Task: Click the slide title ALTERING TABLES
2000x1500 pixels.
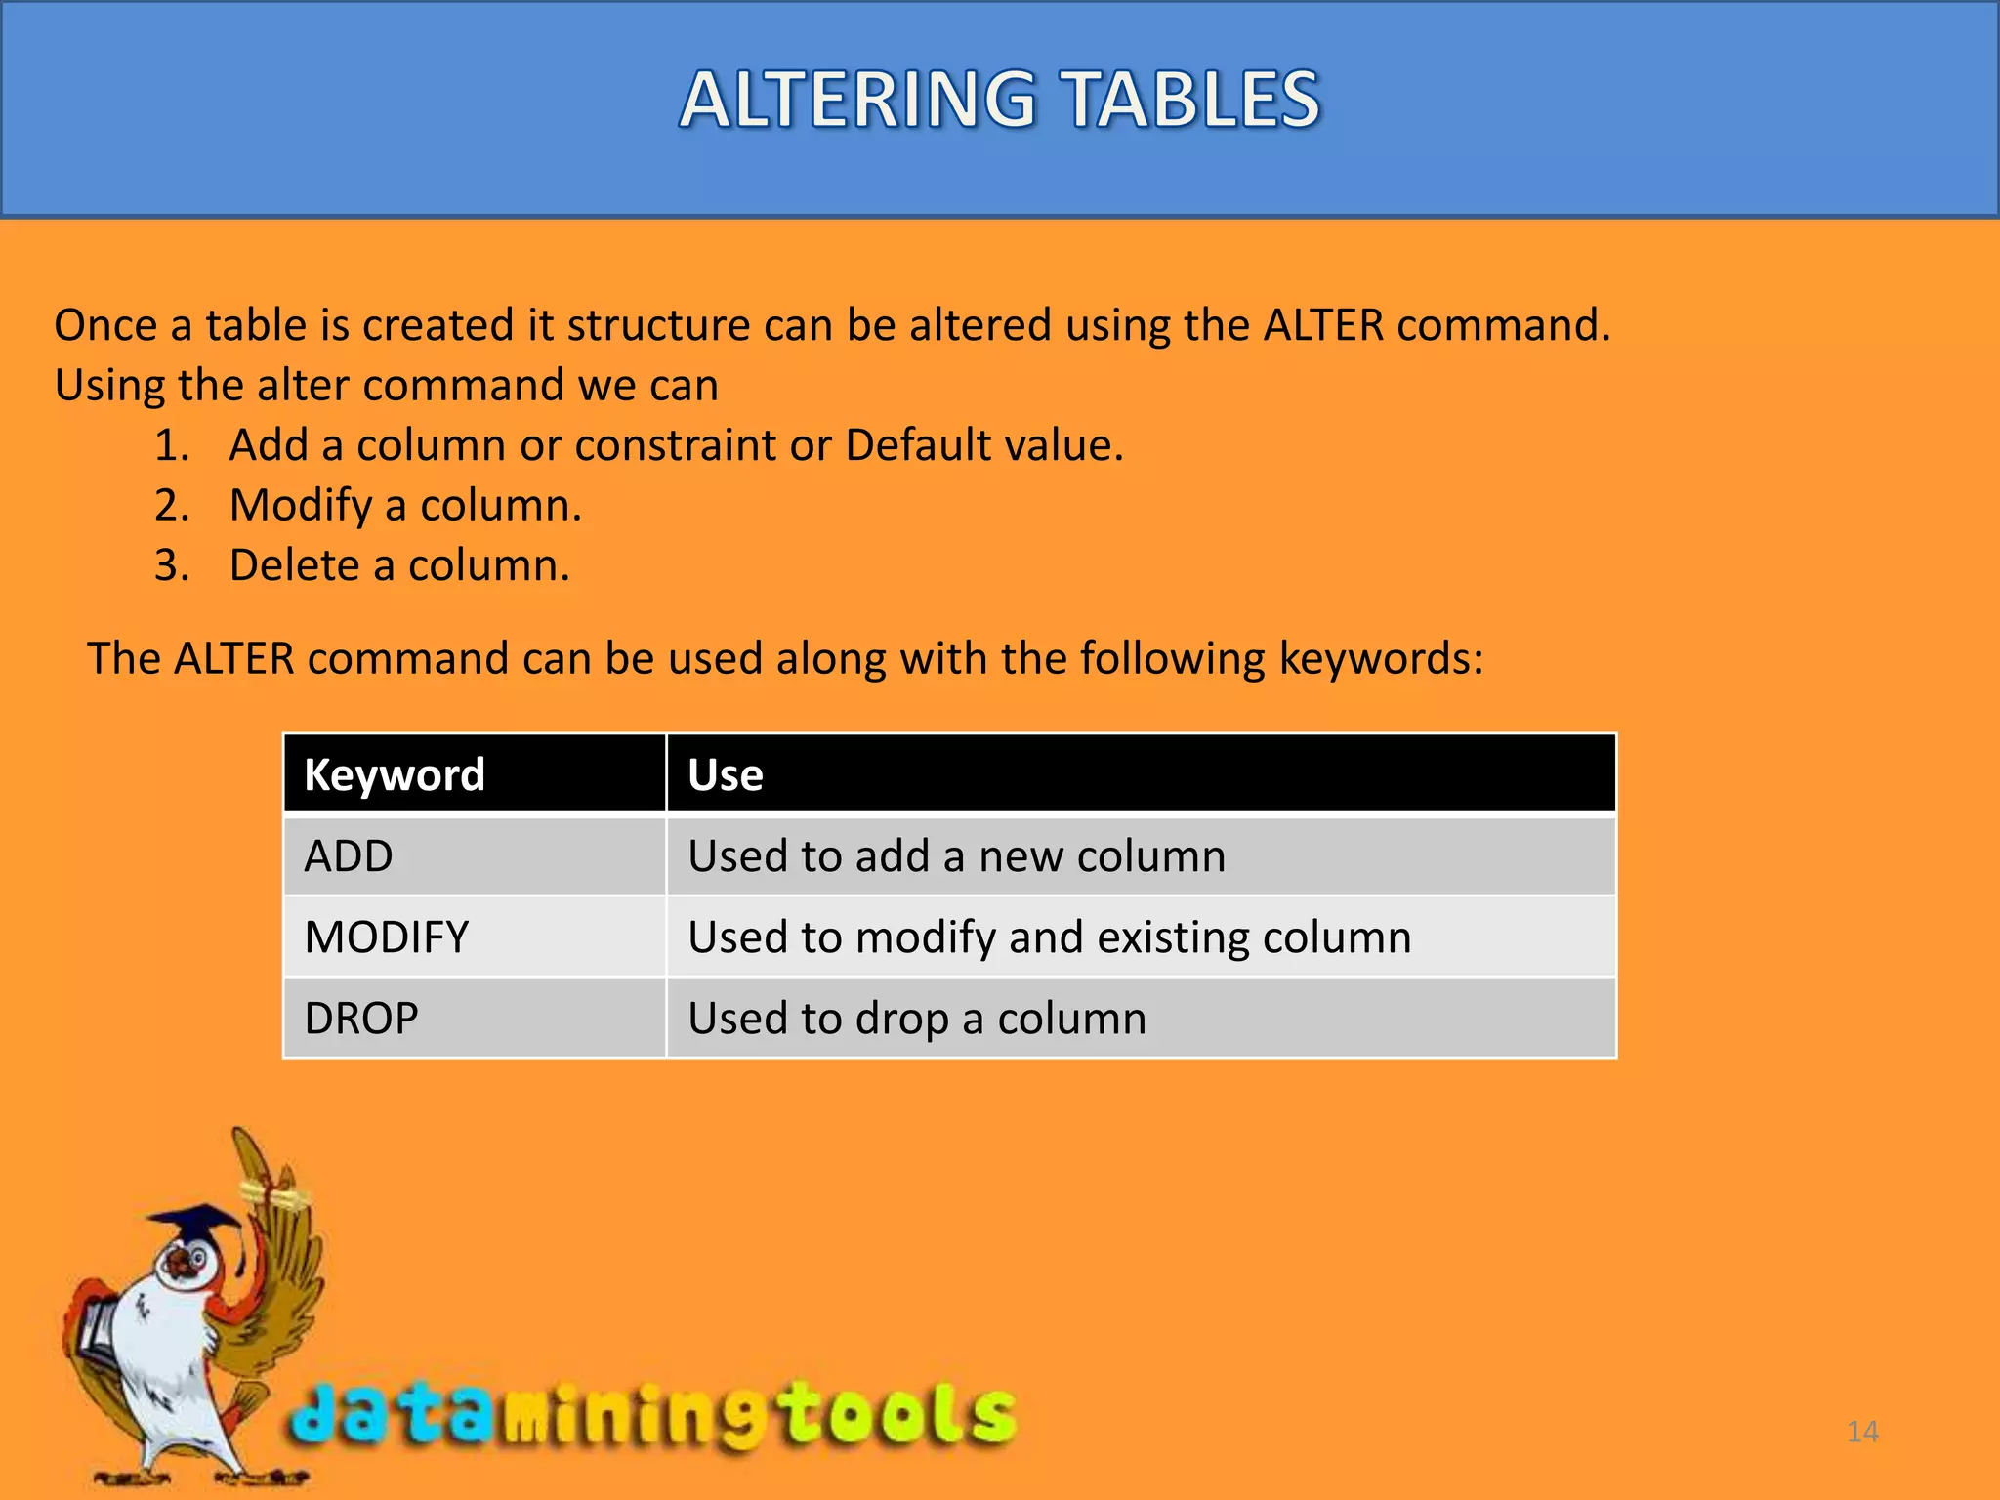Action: (1000, 100)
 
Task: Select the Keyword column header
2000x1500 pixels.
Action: (395, 774)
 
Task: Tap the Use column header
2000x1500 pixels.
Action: (726, 774)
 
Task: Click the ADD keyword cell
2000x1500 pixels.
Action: (349, 856)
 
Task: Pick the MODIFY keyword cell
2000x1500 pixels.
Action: (387, 937)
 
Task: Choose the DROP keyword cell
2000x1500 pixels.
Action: (361, 1019)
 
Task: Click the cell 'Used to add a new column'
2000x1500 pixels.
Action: (956, 856)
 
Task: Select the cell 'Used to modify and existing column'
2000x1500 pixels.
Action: (1049, 937)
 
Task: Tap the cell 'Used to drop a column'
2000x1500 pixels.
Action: (917, 1019)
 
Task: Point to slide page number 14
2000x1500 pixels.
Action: (1862, 1432)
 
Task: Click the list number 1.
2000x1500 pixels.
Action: (172, 445)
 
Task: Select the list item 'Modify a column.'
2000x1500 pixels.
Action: (405, 506)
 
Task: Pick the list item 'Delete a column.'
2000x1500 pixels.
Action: (399, 565)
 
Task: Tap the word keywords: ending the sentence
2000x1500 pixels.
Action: (1381, 658)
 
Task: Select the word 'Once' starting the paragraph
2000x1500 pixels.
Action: (105, 325)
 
